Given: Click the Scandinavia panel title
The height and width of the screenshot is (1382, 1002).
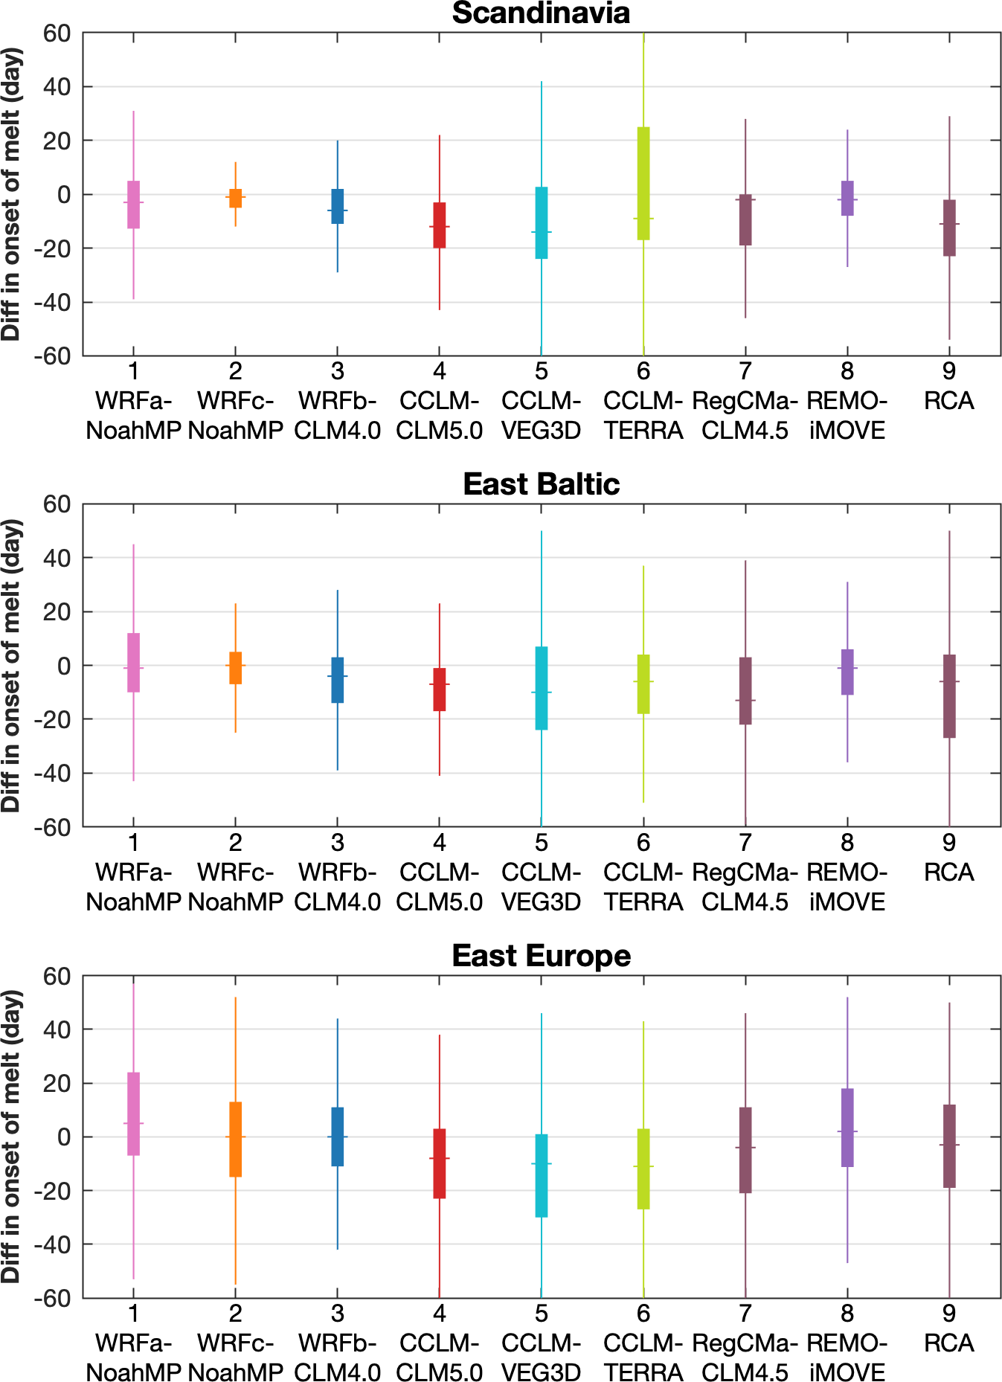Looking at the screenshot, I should pyautogui.click(x=541, y=13).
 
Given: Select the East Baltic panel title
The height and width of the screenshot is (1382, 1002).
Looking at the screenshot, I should pyautogui.click(x=541, y=484).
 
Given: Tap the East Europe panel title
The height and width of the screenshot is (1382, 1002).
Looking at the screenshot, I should pyautogui.click(x=541, y=956).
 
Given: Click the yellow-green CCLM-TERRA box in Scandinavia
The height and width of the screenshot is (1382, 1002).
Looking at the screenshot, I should pyautogui.click(x=643, y=183).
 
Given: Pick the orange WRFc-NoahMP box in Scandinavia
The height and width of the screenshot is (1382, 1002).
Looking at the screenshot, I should pyautogui.click(x=236, y=198).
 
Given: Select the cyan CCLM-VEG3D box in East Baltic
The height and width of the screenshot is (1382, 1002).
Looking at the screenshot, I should pyautogui.click(x=542, y=688).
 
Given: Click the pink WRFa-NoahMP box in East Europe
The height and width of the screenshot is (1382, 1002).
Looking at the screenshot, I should pyautogui.click(x=134, y=1113).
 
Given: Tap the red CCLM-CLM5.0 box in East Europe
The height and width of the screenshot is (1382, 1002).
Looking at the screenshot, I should pyautogui.click(x=440, y=1163).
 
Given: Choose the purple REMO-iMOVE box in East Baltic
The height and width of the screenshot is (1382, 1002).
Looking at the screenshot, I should pyautogui.click(x=847, y=672).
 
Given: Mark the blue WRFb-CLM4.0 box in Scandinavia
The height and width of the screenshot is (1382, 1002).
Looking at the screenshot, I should pyautogui.click(x=338, y=206).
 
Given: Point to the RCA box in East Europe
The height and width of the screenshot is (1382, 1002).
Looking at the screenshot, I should pyautogui.click(x=949, y=1146).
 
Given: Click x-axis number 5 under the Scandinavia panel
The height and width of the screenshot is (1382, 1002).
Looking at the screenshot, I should pyautogui.click(x=542, y=371).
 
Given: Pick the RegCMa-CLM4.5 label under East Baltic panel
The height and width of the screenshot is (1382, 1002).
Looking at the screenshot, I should pyautogui.click(x=745, y=887).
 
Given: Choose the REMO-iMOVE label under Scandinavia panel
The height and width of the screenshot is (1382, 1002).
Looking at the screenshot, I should pyautogui.click(x=847, y=416).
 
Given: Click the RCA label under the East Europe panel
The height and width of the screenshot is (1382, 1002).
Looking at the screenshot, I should pyautogui.click(x=949, y=1343).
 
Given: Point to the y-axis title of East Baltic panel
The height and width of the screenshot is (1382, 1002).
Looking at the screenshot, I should pyautogui.click(x=12, y=666).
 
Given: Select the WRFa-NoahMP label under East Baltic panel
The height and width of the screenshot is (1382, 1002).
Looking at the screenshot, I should pyautogui.click(x=134, y=887).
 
